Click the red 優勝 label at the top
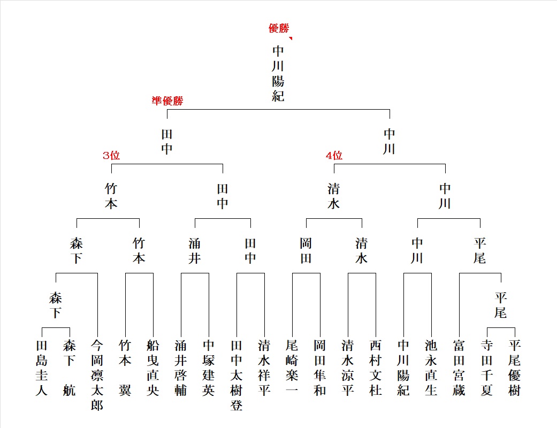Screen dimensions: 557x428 point(279,28)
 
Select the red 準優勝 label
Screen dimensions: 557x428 point(167,101)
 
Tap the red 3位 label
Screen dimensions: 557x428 point(111,155)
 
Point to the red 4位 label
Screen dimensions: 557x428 point(334,155)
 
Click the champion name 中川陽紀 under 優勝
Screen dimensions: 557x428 point(278,73)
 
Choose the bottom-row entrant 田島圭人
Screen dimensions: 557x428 point(42,368)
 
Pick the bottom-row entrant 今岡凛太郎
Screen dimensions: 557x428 point(97,375)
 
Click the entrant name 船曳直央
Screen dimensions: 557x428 point(152,368)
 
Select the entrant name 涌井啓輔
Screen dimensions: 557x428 point(180,368)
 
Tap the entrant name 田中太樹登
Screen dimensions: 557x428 point(236,375)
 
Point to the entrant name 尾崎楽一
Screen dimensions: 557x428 point(292,368)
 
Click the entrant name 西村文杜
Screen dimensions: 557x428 point(376,368)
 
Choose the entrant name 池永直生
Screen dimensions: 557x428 point(431,368)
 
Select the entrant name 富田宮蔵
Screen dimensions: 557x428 point(459,368)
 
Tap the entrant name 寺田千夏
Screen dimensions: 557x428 point(487,368)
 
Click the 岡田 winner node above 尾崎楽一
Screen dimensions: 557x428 point(306,251)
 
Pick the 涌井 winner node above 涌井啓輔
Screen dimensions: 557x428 point(195,251)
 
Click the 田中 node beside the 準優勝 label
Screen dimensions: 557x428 point(167,142)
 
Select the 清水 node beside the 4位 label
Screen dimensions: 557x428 point(334,196)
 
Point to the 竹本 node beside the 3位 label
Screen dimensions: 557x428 point(111,196)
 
